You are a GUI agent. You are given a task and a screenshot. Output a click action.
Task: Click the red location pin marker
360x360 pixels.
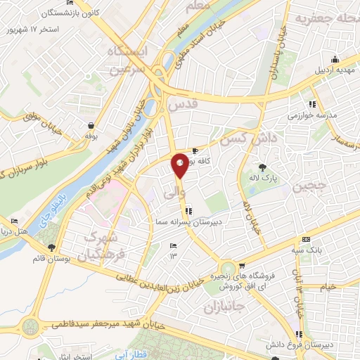[x=180, y=165]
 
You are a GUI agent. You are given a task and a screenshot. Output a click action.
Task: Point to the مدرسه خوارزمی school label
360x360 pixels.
[x=320, y=114]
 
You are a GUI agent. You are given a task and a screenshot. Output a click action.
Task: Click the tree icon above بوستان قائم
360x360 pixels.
[x=51, y=247]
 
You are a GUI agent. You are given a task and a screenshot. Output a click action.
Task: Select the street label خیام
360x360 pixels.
[x=328, y=287]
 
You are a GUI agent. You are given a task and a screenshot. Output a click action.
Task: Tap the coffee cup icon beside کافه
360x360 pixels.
[x=195, y=150]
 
